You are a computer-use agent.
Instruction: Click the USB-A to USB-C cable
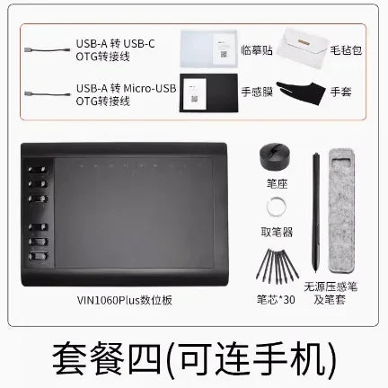tap(47, 49)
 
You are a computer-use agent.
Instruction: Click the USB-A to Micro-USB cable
tap(48, 94)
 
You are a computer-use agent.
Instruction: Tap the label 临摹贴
tap(257, 50)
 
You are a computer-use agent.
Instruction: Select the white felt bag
tap(302, 48)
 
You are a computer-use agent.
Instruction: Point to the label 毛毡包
tap(346, 50)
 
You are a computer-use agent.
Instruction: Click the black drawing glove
tap(301, 93)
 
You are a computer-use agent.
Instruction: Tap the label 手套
tap(340, 92)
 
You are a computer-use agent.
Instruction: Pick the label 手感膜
tap(257, 92)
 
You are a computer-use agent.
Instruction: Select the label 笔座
tap(277, 183)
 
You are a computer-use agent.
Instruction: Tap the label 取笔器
tap(277, 232)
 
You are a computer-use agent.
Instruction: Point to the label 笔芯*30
tap(276, 299)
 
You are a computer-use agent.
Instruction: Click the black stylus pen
tap(316, 213)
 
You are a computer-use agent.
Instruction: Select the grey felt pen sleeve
tap(341, 211)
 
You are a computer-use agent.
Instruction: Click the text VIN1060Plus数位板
tap(125, 300)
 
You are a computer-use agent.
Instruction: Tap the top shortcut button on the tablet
tap(38, 170)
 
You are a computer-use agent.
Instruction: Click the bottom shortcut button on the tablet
tap(39, 256)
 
